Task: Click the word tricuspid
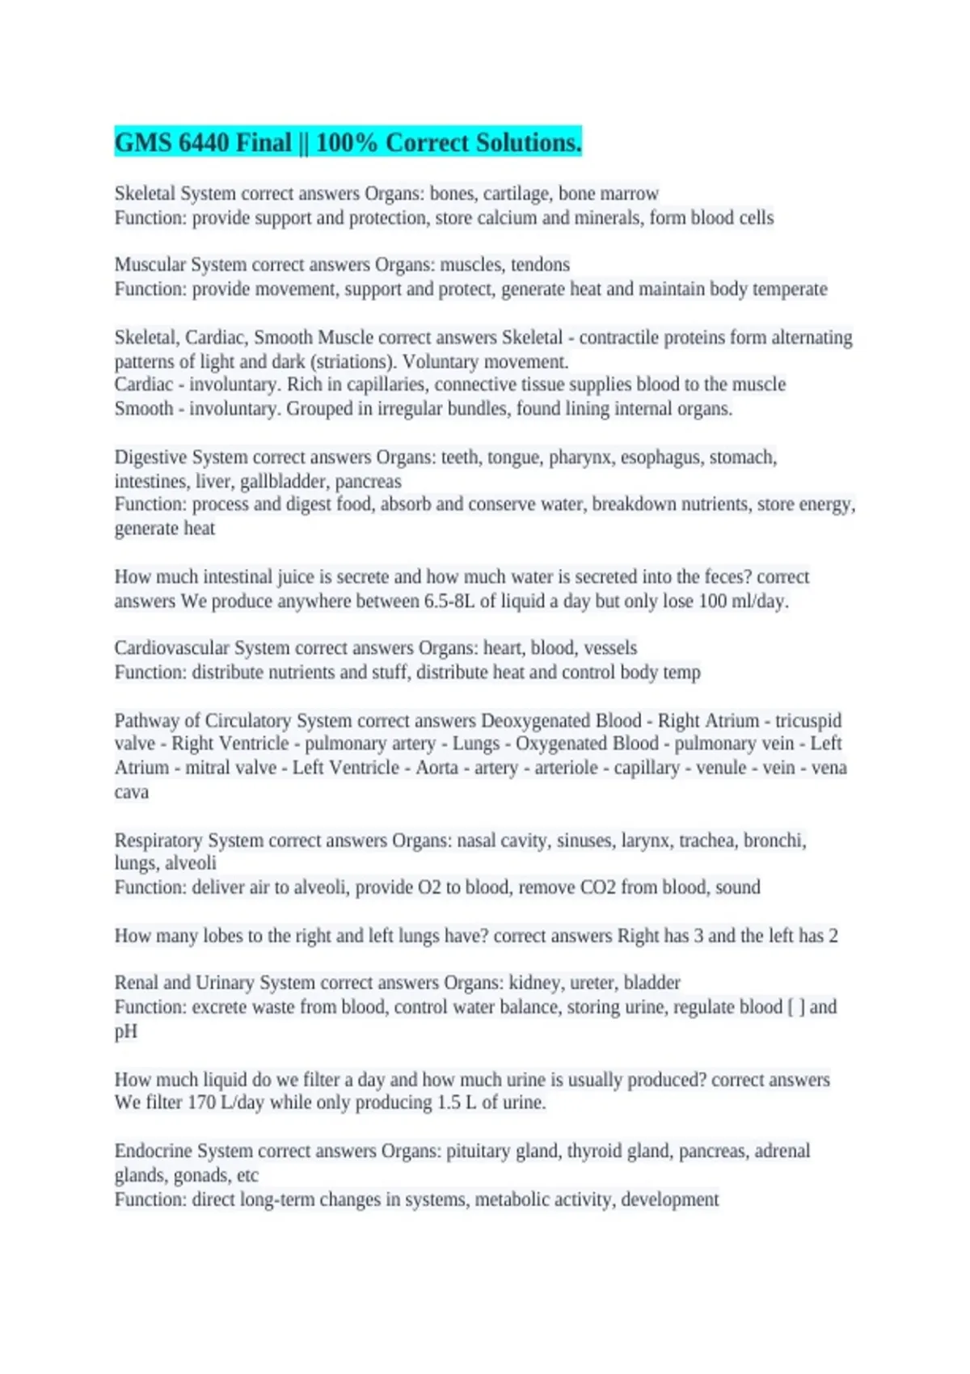pyautogui.click(x=808, y=720)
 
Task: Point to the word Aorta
pyautogui.click(x=436, y=768)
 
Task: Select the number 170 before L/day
pyautogui.click(x=202, y=1102)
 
